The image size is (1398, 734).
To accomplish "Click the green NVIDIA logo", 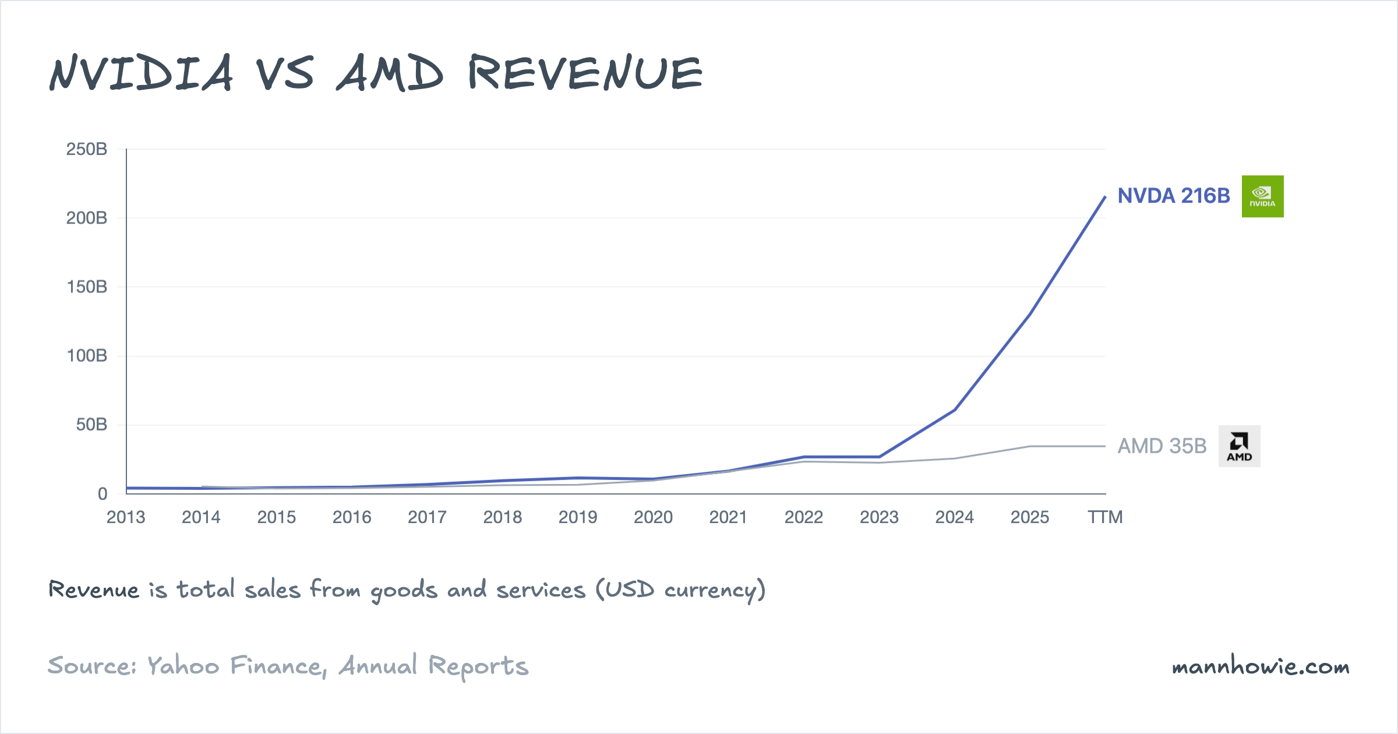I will tap(1262, 196).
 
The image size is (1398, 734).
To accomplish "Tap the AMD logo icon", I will tap(1239, 446).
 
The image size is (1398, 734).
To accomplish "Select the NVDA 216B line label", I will tap(1173, 196).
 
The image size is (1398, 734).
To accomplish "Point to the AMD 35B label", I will tap(1162, 446).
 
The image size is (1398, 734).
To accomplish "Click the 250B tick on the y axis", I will tap(87, 149).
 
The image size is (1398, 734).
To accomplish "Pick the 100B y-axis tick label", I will tap(87, 355).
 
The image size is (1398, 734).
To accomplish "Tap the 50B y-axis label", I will tap(91, 425).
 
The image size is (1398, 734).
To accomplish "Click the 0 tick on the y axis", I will tap(103, 494).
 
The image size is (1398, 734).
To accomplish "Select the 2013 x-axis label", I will tap(126, 517).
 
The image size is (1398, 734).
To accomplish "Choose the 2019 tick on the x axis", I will tap(578, 517).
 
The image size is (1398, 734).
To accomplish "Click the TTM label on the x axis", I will tap(1105, 517).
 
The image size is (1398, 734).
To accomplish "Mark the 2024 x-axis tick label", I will tap(954, 517).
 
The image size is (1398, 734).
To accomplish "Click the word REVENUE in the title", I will tap(585, 73).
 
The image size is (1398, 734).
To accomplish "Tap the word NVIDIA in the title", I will tap(141, 73).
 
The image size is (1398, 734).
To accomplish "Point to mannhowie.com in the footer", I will tap(1260, 666).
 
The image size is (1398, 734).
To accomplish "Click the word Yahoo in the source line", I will tap(183, 666).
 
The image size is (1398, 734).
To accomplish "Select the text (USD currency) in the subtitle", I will tap(680, 590).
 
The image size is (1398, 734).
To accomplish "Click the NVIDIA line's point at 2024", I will tap(955, 410).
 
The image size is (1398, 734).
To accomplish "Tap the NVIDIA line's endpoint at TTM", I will tap(1105, 197).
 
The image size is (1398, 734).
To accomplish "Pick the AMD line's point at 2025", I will tap(1030, 446).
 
